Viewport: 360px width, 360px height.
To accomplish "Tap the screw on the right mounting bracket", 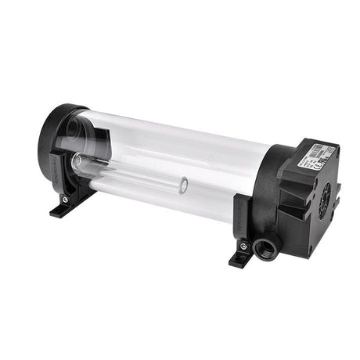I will click(244, 253).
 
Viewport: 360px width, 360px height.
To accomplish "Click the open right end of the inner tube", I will click(182, 187).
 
